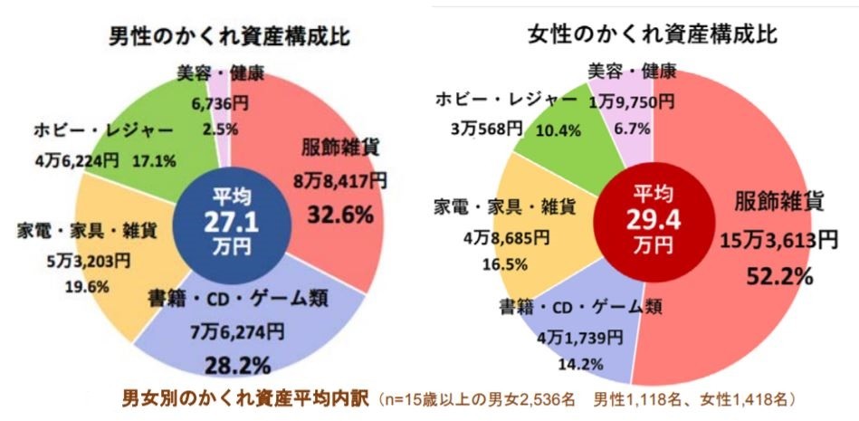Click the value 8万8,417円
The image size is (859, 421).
pos(339,182)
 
